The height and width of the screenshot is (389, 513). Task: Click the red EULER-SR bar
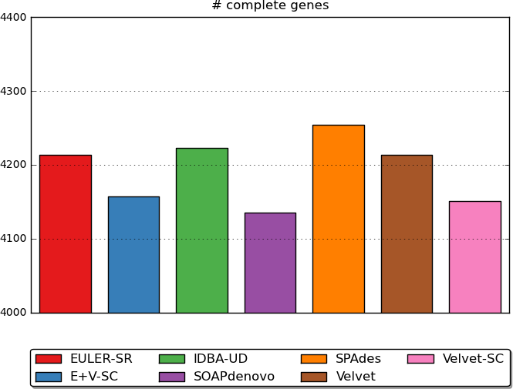66,233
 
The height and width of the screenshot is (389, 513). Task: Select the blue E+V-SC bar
133,254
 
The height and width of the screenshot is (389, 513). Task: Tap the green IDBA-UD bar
202,230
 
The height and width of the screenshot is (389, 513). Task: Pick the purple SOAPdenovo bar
270,263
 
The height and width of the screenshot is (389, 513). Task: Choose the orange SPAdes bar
339,219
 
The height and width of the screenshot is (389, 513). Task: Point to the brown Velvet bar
407,233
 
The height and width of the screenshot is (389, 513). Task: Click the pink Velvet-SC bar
475,257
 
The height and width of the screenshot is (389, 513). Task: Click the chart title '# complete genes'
270,6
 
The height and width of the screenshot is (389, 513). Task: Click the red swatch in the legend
49,359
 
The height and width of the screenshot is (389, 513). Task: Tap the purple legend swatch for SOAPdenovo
172,377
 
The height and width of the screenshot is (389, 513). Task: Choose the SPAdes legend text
358,359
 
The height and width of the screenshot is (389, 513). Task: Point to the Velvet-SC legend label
473,359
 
